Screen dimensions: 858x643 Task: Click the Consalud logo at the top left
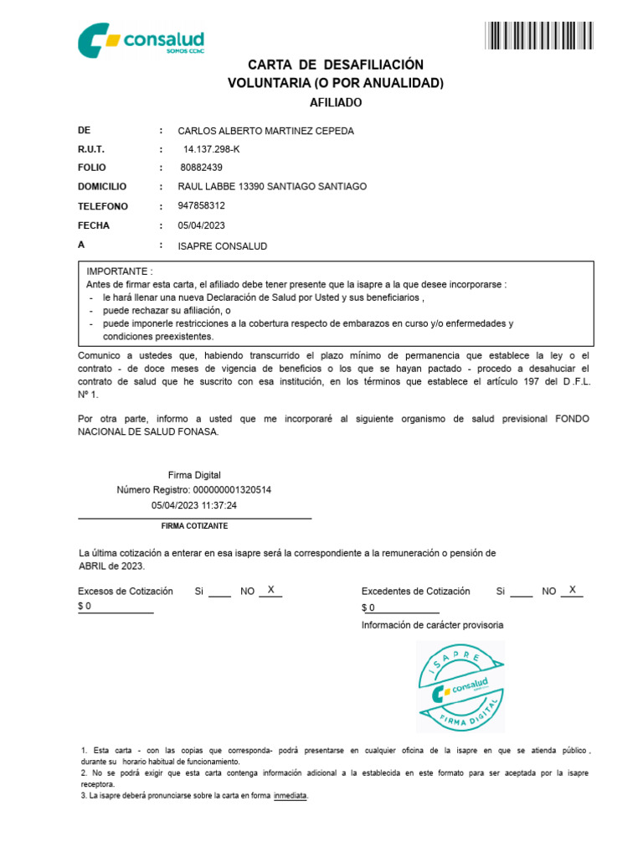[x=141, y=40]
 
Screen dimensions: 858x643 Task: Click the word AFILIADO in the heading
[x=336, y=102]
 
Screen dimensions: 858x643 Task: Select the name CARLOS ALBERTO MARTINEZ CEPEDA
[x=265, y=131]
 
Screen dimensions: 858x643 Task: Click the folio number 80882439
[x=201, y=168]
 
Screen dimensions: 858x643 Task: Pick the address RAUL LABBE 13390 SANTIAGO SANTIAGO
[x=272, y=187]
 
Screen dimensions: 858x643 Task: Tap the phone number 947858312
[x=201, y=206]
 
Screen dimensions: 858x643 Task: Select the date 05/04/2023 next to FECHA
[x=202, y=225]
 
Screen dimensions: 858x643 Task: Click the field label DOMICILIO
[x=102, y=187]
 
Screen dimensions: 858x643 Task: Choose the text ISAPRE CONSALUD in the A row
[x=223, y=246]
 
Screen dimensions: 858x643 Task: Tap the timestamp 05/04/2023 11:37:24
[x=194, y=505]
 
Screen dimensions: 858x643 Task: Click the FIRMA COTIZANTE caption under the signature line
[x=194, y=525]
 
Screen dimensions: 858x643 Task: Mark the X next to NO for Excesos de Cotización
[x=270, y=590]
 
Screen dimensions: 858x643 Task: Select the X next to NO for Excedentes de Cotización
[x=572, y=590]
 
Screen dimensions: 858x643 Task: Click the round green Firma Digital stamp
[x=460, y=686]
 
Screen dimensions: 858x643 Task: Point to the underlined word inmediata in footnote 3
[x=291, y=795]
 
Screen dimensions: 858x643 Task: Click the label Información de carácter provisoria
[x=432, y=625]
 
